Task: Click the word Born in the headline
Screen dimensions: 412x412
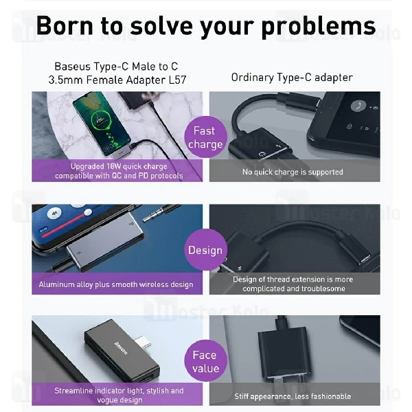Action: tap(65, 26)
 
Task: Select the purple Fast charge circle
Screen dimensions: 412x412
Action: tap(205, 137)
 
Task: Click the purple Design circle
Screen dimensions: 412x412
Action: tap(205, 250)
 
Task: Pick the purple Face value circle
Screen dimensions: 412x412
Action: tap(205, 361)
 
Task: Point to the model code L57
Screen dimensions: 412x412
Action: tap(177, 80)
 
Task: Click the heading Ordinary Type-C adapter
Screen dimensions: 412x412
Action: tap(292, 78)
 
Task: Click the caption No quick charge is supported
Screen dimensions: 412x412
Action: tap(293, 172)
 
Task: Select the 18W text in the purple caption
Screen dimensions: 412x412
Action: tap(113, 166)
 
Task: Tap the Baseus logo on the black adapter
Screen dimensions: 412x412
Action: tap(121, 348)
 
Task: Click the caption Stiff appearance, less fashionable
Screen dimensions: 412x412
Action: tap(293, 396)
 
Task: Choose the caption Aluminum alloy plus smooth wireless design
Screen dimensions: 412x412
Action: tap(116, 284)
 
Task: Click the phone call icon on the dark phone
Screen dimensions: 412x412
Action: tap(358, 106)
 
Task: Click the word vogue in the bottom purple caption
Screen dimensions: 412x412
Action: tap(106, 400)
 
